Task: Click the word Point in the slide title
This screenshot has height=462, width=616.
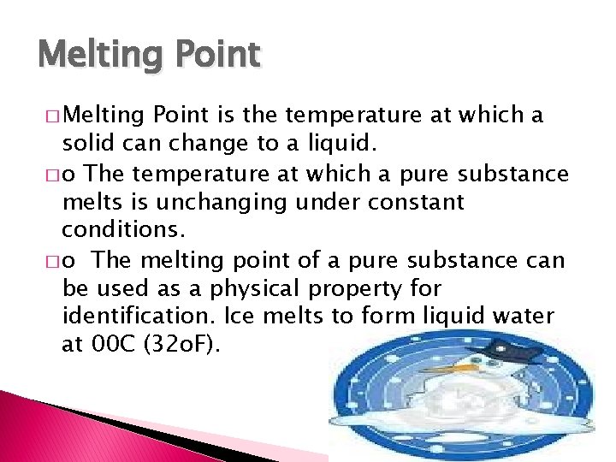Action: pyautogui.click(x=217, y=55)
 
